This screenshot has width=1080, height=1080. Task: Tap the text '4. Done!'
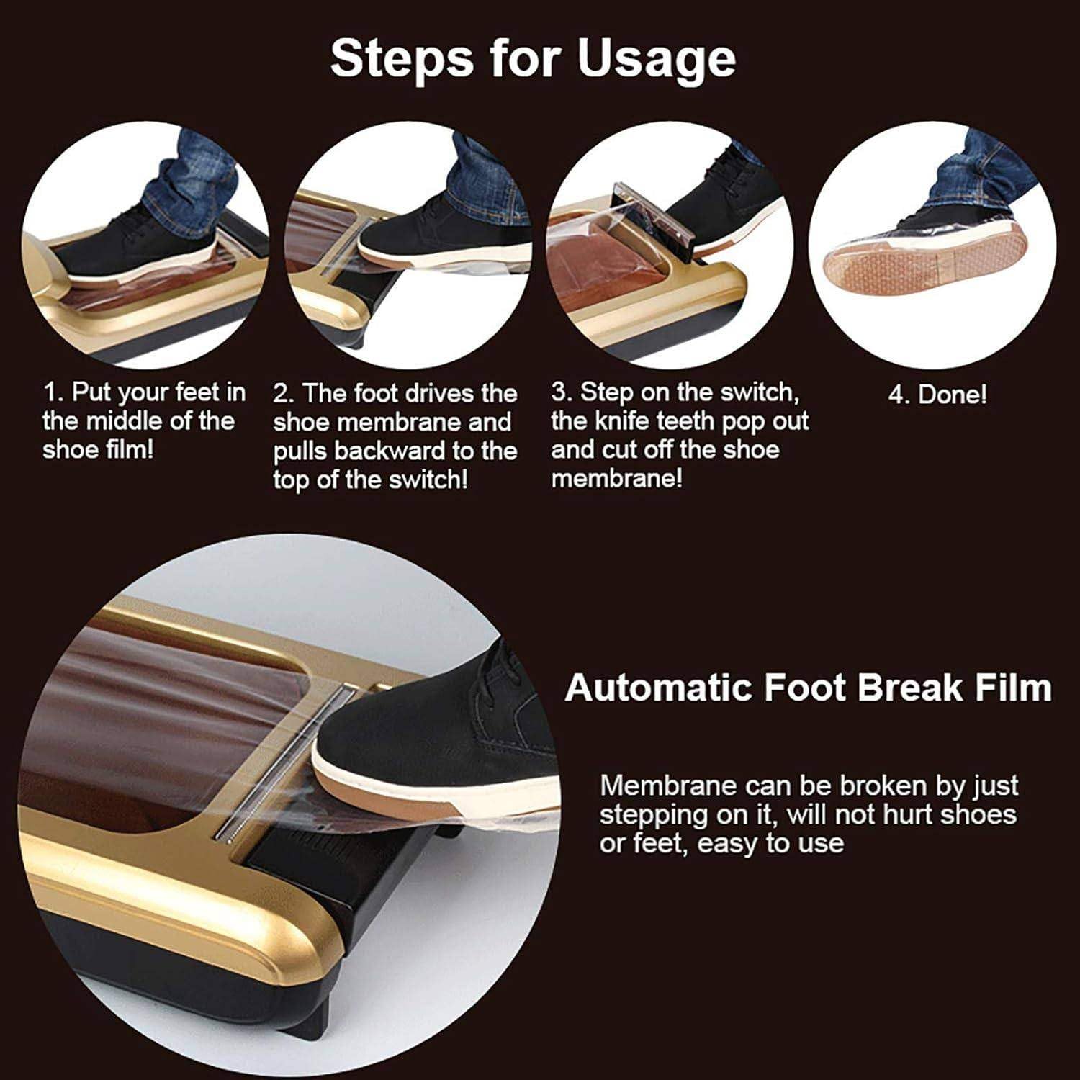pyautogui.click(x=937, y=395)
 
